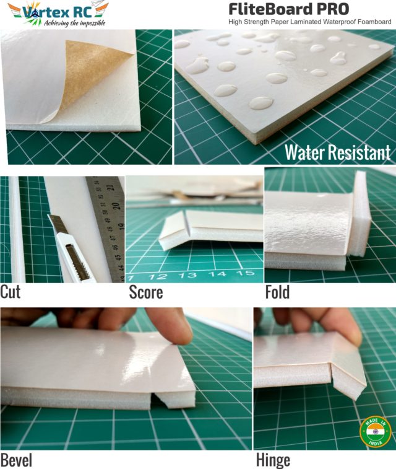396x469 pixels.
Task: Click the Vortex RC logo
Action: (57, 13)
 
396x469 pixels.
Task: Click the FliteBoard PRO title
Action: (288, 9)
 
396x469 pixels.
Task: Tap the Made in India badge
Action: (376, 432)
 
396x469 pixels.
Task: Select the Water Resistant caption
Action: (337, 152)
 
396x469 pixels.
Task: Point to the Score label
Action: (146, 292)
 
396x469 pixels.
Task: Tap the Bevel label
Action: (16, 460)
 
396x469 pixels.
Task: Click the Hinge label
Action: (273, 460)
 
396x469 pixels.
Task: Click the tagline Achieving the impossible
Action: (73, 23)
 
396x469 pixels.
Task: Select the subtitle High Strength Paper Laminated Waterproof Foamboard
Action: (309, 22)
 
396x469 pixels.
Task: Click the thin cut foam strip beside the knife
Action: (17, 229)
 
